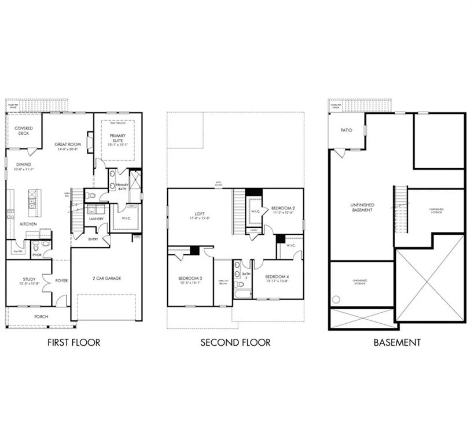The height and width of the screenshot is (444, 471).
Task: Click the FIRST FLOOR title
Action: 73,342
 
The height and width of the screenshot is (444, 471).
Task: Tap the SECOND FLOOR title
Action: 235,342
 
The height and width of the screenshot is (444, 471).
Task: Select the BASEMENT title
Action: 397,342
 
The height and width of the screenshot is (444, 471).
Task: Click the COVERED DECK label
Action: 24,131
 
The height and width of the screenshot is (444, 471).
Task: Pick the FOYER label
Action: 61,281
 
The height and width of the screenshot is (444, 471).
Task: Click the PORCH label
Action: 41,317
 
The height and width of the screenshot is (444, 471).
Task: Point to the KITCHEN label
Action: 28,224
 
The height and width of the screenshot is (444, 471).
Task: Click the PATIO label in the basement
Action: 346,131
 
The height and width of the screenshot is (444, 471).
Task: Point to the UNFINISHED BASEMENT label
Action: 362,208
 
